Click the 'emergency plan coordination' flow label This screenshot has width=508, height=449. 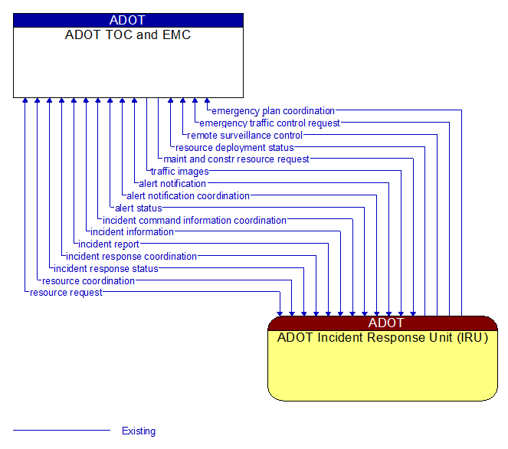pyautogui.click(x=273, y=111)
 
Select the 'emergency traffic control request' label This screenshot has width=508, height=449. pyautogui.click(x=270, y=123)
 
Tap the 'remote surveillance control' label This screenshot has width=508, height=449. pyautogui.click(x=244, y=136)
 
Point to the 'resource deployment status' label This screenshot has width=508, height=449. pyautogui.click(x=234, y=148)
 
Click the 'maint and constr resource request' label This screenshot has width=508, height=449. pyautogui.click(x=236, y=159)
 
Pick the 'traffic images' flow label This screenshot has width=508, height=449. pyautogui.click(x=179, y=172)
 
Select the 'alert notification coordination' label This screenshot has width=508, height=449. pyautogui.click(x=188, y=196)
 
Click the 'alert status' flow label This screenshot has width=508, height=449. pyautogui.click(x=138, y=208)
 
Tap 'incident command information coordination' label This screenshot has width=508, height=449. pyautogui.click(x=195, y=221)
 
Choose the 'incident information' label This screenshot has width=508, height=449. pyautogui.click(x=132, y=232)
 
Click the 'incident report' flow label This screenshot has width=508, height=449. pyautogui.click(x=109, y=244)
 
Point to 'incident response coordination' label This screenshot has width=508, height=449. pyautogui.click(x=131, y=257)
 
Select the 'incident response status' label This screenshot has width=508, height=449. pyautogui.click(x=106, y=269)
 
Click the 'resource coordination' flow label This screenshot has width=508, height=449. pyautogui.click(x=88, y=281)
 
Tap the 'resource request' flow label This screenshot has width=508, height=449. pyautogui.click(x=66, y=293)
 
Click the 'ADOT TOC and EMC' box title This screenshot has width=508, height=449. pyautogui.click(x=128, y=35)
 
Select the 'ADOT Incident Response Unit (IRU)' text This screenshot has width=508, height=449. pyautogui.click(x=382, y=337)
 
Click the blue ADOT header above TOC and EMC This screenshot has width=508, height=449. pyautogui.click(x=128, y=21)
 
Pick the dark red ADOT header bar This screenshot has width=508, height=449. pyautogui.click(x=382, y=323)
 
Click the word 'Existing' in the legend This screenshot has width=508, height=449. pyautogui.click(x=139, y=431)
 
